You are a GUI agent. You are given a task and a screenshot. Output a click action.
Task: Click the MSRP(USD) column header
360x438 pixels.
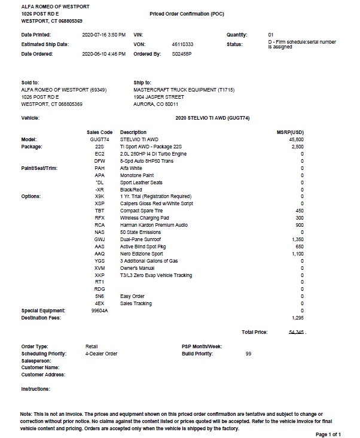pyautogui.click(x=293, y=132)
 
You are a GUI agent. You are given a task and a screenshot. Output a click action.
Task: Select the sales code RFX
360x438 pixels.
pyautogui.click(x=99, y=218)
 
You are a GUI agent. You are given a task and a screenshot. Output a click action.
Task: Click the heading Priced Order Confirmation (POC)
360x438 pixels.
pyautogui.click(x=186, y=13)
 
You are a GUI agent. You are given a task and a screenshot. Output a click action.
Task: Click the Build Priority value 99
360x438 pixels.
pyautogui.click(x=248, y=354)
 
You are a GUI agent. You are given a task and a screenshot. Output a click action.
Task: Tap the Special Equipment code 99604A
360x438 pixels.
pyautogui.click(x=99, y=311)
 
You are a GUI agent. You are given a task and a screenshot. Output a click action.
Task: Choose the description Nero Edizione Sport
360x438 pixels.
pyautogui.click(x=144, y=254)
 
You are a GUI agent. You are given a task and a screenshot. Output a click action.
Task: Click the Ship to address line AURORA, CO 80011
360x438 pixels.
pyautogui.click(x=158, y=104)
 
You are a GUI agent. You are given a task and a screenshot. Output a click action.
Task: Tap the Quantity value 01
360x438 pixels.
pyautogui.click(x=271, y=35)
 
